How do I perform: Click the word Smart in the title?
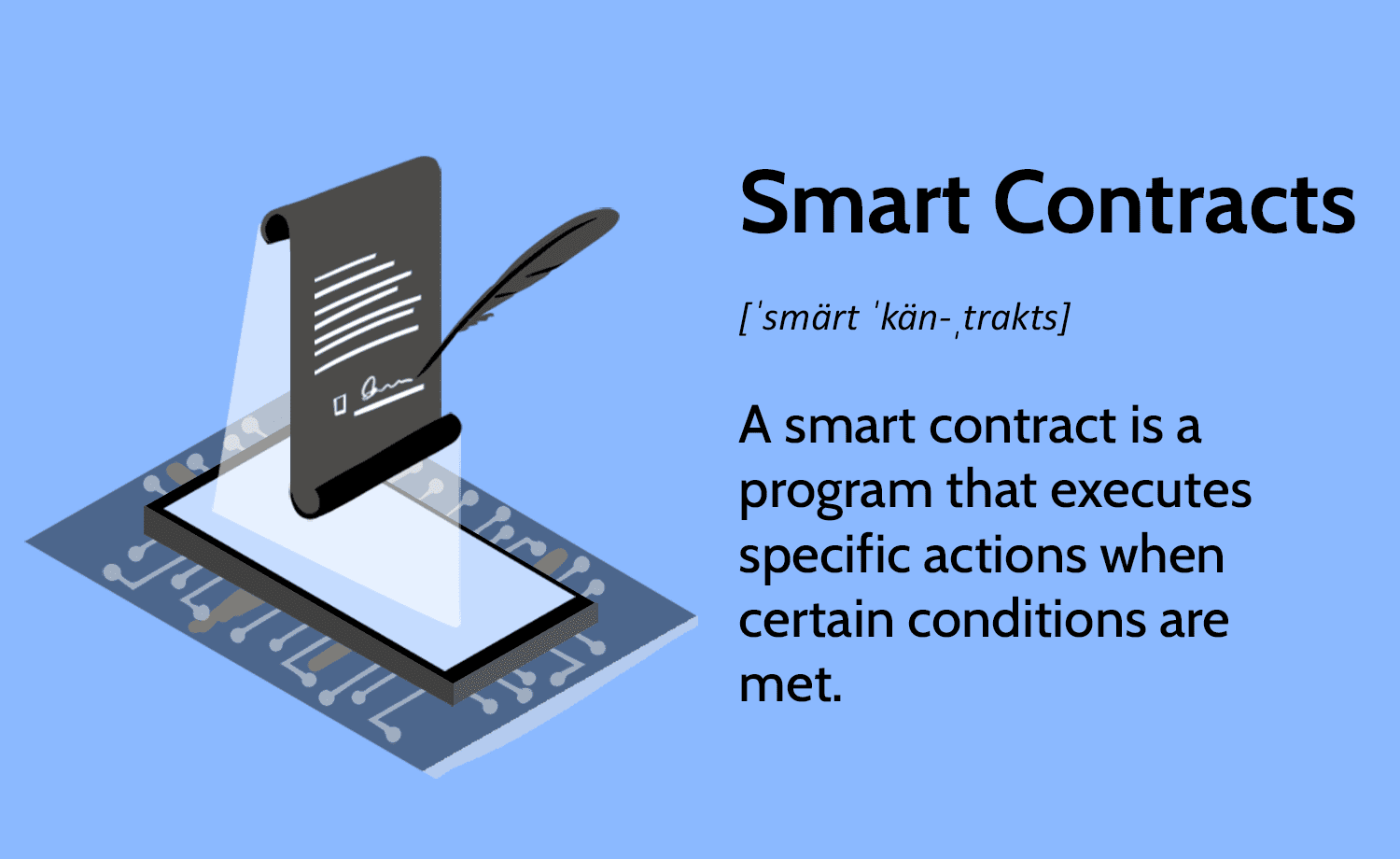(854, 204)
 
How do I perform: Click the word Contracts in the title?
(1174, 204)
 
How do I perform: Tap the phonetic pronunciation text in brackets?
(904, 317)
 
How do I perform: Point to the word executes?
(1151, 490)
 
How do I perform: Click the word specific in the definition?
(824, 556)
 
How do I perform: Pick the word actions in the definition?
(1005, 556)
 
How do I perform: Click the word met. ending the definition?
(791, 686)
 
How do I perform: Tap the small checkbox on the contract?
(340, 404)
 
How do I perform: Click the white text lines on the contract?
(366, 313)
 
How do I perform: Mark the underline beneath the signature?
(389, 401)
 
